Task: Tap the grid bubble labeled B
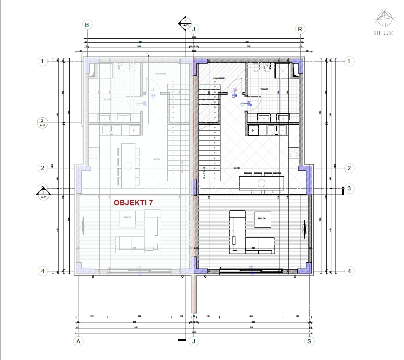(x=87, y=25)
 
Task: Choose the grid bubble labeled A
(x=77, y=341)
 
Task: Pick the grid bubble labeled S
(x=309, y=341)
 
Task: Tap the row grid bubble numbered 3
(x=349, y=189)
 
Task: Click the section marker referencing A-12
(x=186, y=23)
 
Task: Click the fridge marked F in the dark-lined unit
(x=253, y=130)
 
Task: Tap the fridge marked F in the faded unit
(x=134, y=130)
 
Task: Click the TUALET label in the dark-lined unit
(x=264, y=89)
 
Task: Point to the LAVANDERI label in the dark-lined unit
(x=219, y=78)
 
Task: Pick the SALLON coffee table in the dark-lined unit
(x=262, y=218)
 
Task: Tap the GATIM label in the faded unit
(x=157, y=159)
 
